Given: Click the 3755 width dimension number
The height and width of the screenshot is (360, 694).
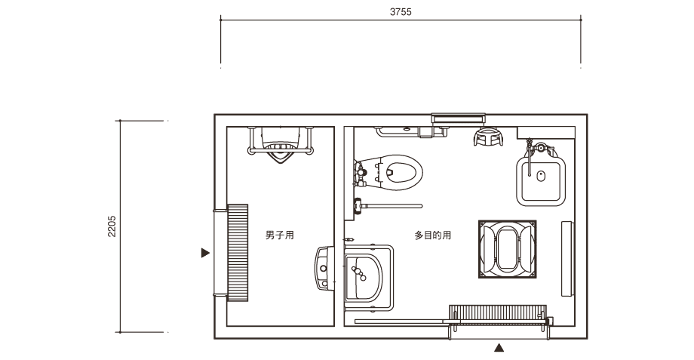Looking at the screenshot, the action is pos(401,12).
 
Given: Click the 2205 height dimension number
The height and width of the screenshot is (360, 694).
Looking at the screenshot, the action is pos(112,226).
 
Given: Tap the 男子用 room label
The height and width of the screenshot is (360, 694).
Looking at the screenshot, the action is pos(280,235).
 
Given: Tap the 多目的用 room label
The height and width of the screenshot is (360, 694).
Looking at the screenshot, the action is pos(433,235).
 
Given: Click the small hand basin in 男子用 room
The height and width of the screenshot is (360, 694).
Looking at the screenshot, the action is pos(324,269).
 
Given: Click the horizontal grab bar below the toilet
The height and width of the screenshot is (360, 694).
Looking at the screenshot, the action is pos(388,206).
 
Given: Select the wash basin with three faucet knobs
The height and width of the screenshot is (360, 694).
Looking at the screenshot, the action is pos(364,277).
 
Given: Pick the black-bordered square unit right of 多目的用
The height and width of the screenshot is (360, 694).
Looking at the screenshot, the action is pos(508,249).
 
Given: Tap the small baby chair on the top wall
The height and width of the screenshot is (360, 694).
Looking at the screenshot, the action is pos(488,137).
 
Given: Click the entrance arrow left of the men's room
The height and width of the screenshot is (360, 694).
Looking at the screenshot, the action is pos(205,253).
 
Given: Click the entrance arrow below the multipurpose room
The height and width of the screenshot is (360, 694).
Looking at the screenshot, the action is pos(499,348).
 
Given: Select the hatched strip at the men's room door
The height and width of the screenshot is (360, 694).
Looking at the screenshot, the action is pos(238,253).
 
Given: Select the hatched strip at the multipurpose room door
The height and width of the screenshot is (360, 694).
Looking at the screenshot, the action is pos(498,312).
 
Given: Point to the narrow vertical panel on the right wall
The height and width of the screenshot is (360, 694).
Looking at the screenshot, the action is pos(568,259).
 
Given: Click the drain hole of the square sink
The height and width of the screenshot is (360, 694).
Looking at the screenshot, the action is pos(541,177).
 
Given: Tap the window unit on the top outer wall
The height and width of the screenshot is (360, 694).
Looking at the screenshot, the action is pos(458,118).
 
